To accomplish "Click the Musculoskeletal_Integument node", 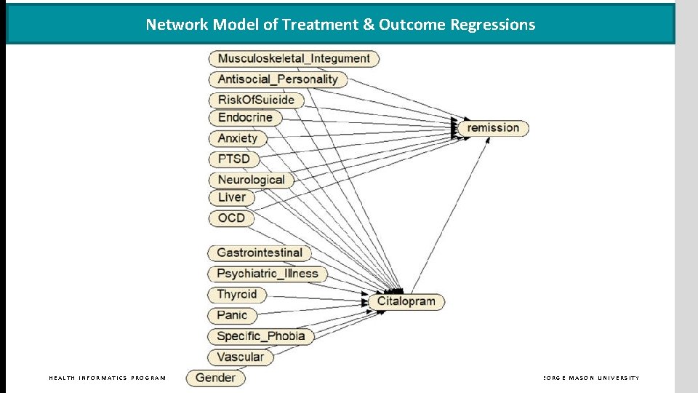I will (294, 58).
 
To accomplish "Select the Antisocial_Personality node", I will (278, 79).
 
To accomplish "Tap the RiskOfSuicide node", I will (256, 100).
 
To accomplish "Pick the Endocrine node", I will (245, 117).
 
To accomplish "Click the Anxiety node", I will (238, 138).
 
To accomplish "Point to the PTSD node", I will (233, 159).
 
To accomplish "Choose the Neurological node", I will (251, 179).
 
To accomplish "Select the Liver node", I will (232, 197).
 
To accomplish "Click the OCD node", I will (231, 218).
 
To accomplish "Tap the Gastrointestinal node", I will (260, 253).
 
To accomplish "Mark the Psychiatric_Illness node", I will (268, 274).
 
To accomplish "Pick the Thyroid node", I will (237, 295).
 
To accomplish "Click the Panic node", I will (232, 315).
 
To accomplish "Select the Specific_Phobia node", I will (261, 336).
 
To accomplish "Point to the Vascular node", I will (241, 357).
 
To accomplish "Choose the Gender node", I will (215, 377).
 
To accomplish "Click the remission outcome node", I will (493, 128).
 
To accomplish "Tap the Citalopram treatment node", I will (406, 301).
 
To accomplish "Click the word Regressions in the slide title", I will (492, 24).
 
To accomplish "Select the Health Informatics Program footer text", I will (107, 378).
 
